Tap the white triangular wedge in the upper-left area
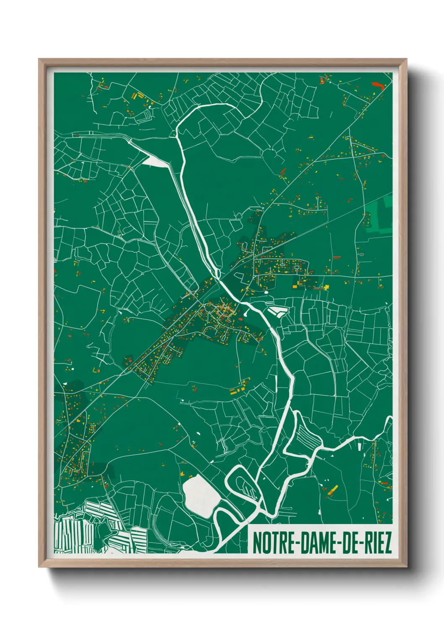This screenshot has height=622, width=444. [x=155, y=161]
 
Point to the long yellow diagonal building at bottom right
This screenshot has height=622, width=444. [x=334, y=490]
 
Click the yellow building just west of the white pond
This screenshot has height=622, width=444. [x=183, y=474]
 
